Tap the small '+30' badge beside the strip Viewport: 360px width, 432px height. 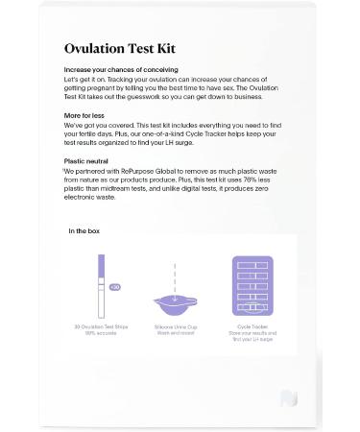pyautogui.click(x=115, y=286)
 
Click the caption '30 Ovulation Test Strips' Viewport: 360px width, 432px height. pyautogui.click(x=102, y=327)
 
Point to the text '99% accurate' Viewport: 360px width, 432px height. pyautogui.click(x=102, y=334)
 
